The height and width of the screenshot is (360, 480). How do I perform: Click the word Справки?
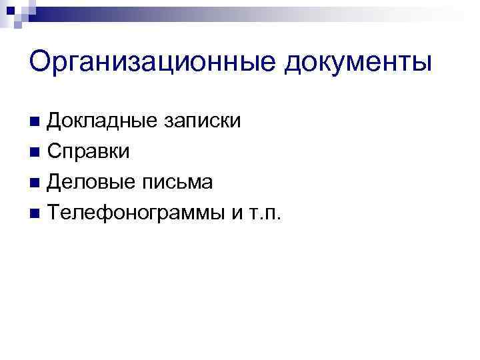tap(89, 152)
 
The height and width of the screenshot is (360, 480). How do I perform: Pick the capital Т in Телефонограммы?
tap(55, 213)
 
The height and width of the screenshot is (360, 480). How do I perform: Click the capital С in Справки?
tap(56, 152)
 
